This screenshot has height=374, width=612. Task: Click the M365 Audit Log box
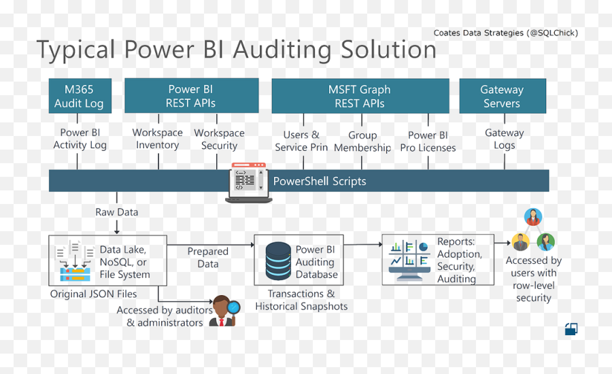pos(80,96)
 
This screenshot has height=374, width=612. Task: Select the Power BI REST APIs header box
pos(191,96)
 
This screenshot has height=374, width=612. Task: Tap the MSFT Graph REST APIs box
pos(360,96)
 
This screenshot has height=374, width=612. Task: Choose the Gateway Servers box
pos(503,96)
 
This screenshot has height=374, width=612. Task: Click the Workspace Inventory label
pos(157,139)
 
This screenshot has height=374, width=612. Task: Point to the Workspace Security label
pos(219,139)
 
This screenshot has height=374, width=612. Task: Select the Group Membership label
pos(362,141)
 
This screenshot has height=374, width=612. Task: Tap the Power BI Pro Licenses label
pos(428,141)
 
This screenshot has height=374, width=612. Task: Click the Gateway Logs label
pos(505,139)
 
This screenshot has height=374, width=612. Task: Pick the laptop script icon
pos(249,183)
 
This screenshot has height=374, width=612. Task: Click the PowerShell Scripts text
pos(320,181)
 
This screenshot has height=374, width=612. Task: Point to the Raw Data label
pos(117,212)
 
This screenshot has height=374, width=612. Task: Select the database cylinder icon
pos(278,261)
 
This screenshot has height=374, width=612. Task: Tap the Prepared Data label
pos(207,258)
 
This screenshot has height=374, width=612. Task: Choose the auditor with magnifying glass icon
pos(224,311)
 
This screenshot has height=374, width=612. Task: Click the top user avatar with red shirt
pos(532,217)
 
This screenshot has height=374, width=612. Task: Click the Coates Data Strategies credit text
pos(506,33)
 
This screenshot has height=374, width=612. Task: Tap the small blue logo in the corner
pos(571,329)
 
